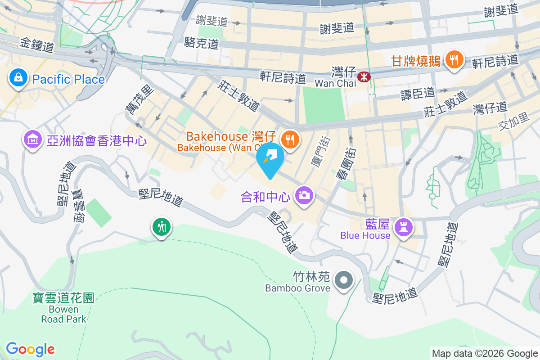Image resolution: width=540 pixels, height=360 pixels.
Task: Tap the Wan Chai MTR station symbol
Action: pyautogui.click(x=363, y=77)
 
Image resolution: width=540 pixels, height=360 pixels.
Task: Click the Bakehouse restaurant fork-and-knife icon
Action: pyautogui.click(x=291, y=139)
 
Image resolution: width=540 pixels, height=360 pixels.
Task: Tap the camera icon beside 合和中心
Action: pyautogui.click(x=304, y=195)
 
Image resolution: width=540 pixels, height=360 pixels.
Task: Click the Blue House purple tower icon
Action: pyautogui.click(x=403, y=227)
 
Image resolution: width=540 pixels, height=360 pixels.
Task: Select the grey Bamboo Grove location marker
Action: pyautogui.click(x=344, y=280)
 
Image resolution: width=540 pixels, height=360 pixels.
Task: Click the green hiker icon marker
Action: pyautogui.click(x=161, y=226)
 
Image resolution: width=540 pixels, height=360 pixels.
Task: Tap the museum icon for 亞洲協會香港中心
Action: pyautogui.click(x=32, y=140)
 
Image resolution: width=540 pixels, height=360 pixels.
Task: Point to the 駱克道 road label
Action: pyautogui.click(x=201, y=43)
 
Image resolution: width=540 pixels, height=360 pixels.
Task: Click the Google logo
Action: pyautogui.click(x=30, y=349)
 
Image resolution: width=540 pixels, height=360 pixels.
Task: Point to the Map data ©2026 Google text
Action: pyautogui.click(x=485, y=354)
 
